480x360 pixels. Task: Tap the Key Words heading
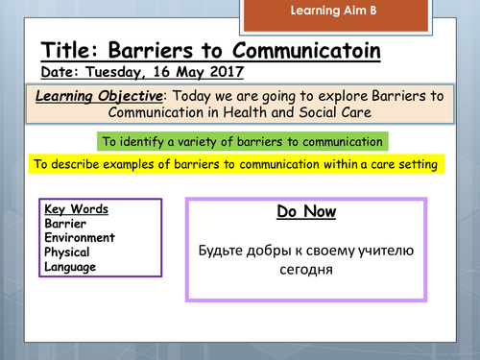76,209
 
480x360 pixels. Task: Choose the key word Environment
80,238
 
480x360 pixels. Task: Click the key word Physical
68,252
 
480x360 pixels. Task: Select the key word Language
70,267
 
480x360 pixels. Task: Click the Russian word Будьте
220,252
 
